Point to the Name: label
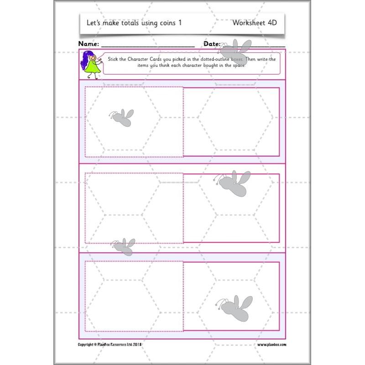89,44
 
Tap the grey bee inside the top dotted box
122,117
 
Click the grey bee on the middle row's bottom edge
124,247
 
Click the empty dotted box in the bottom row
134,296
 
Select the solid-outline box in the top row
231,121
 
